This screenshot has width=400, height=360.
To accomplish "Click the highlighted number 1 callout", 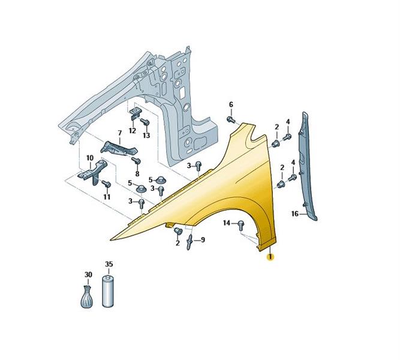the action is (x=270, y=257).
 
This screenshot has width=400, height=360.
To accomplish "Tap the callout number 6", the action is (x=231, y=104).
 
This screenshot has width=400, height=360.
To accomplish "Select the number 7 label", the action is (x=120, y=133).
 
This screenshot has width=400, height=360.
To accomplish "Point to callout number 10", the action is (x=90, y=158).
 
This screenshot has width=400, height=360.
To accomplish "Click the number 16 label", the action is (x=295, y=214).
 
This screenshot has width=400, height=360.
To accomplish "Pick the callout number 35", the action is (x=109, y=264).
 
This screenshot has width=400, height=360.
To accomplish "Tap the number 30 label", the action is (x=88, y=275).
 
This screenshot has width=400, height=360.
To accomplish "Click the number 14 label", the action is (x=227, y=223).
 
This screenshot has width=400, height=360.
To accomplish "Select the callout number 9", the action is (x=203, y=240).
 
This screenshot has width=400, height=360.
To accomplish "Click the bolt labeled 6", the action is (x=231, y=119).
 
